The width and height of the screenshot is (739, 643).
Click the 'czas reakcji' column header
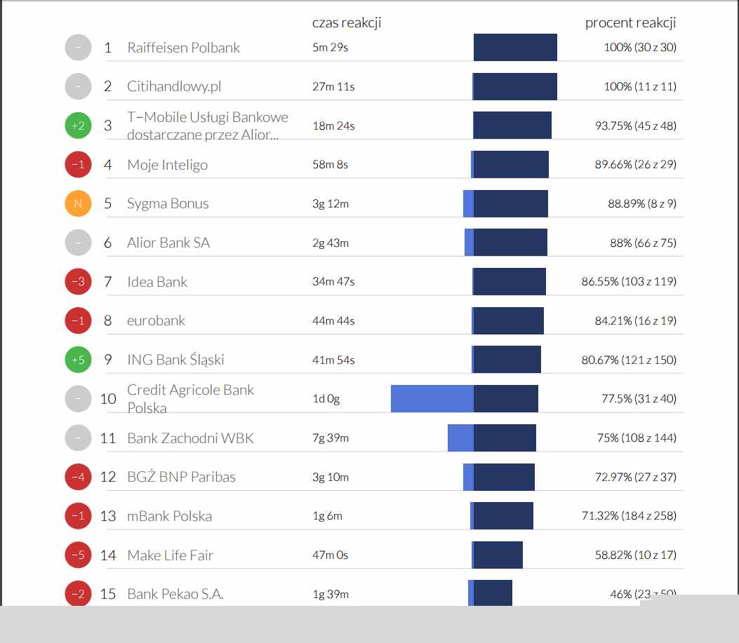pyautogui.click(x=347, y=22)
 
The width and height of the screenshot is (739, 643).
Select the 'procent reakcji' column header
pyautogui.click(x=630, y=22)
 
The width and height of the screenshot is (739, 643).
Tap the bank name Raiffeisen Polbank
pyautogui.click(x=183, y=48)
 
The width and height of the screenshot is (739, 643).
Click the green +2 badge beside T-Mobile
pyautogui.click(x=78, y=126)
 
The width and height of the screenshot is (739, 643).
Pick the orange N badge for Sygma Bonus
pyautogui.click(x=78, y=204)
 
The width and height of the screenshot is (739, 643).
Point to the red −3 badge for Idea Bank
pyautogui.click(x=78, y=282)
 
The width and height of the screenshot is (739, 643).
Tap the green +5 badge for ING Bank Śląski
pyautogui.click(x=78, y=360)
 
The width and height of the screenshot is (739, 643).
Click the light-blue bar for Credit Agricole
pyautogui.click(x=432, y=398)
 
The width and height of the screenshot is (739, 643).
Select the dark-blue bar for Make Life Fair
pyautogui.click(x=498, y=555)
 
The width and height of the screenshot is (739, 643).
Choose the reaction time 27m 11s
pyautogui.click(x=333, y=87)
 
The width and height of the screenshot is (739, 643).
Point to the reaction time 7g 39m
pyautogui.click(x=331, y=438)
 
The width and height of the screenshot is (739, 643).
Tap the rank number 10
pyautogui.click(x=108, y=399)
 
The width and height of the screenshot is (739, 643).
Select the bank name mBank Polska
pyautogui.click(x=169, y=516)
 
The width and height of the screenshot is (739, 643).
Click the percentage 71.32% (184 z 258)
pyautogui.click(x=629, y=516)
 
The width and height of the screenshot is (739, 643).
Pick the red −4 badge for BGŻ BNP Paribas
pyautogui.click(x=78, y=477)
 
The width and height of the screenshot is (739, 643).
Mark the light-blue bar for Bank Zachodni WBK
pyautogui.click(x=460, y=438)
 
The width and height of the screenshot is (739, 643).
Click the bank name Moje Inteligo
pyautogui.click(x=167, y=165)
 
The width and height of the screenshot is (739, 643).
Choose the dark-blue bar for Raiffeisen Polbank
pyautogui.click(x=515, y=48)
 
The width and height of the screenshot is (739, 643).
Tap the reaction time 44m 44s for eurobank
pyautogui.click(x=333, y=321)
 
